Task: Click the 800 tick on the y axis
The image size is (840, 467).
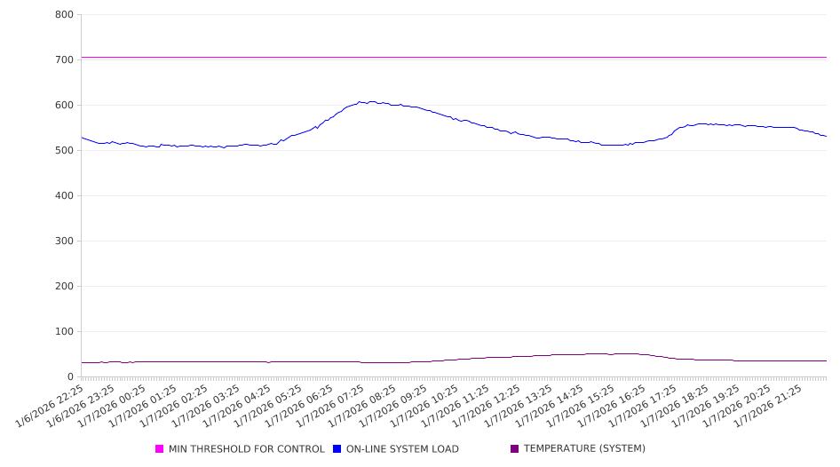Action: (63, 15)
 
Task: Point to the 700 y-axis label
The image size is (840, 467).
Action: (63, 60)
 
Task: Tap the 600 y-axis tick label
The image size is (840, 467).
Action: (63, 106)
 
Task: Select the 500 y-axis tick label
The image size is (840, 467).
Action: (63, 151)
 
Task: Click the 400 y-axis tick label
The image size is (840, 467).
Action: (63, 196)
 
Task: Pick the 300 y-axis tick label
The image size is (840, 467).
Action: (63, 241)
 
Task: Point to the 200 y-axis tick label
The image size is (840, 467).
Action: (63, 287)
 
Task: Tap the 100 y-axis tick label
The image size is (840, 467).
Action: (63, 332)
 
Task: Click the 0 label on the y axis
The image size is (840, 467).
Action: (69, 377)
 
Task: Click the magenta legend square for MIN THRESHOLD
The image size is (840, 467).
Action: (160, 449)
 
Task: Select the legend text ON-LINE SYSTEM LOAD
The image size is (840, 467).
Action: (402, 449)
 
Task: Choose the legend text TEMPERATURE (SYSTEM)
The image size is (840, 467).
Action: (584, 449)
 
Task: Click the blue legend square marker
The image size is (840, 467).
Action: (337, 449)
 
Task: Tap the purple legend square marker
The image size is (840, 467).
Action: (515, 449)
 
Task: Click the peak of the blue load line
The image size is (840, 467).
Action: (360, 101)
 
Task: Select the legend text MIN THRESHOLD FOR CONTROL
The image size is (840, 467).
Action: (246, 449)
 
